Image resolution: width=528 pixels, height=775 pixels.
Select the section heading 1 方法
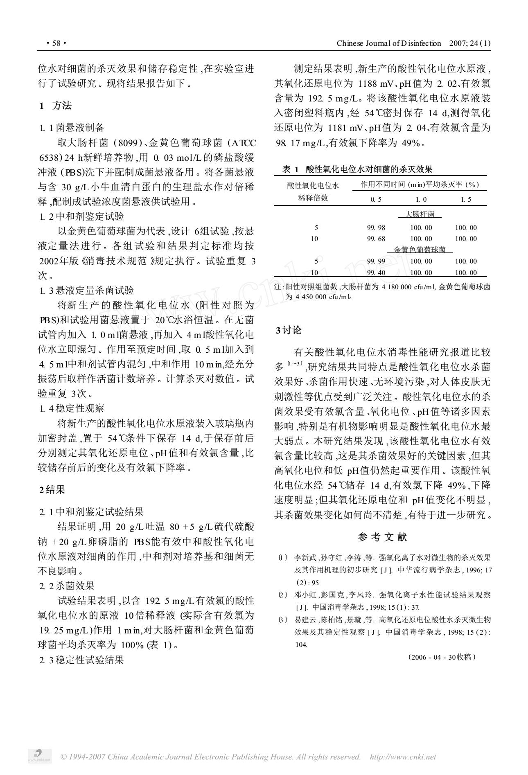tap(56, 106)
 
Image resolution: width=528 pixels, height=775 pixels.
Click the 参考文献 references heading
tap(382, 537)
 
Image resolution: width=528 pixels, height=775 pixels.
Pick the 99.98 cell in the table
tap(376, 228)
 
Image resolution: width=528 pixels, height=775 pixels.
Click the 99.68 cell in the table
tap(376, 239)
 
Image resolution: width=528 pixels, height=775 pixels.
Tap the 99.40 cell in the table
tap(376, 273)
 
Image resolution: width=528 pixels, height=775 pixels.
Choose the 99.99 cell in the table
tap(376, 261)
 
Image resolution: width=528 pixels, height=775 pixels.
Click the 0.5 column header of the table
tap(376, 199)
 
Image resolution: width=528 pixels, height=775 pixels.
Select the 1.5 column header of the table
tap(466, 199)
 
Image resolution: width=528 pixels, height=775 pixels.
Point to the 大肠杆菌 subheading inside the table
tap(420, 214)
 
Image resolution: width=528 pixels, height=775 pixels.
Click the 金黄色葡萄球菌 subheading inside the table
tap(420, 250)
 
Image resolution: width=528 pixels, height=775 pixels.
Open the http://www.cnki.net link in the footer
tap(403, 757)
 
